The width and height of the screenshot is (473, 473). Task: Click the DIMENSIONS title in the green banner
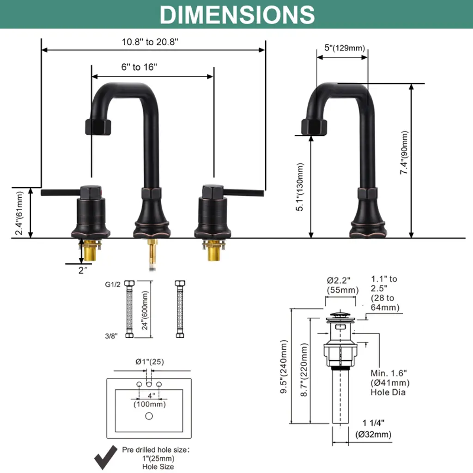pyautogui.click(x=237, y=14)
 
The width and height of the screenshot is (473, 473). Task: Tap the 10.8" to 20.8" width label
pyautogui.click(x=150, y=42)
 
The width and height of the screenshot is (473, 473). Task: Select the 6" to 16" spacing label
pyautogui.click(x=139, y=67)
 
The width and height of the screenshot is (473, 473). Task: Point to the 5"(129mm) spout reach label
pyautogui.click(x=345, y=48)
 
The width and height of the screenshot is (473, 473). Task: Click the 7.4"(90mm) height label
pyautogui.click(x=404, y=152)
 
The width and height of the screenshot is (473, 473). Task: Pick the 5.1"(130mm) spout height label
pyautogui.click(x=300, y=187)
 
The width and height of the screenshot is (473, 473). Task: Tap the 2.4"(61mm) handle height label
pyautogui.click(x=19, y=213)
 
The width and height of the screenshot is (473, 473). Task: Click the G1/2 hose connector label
pyautogui.click(x=113, y=285)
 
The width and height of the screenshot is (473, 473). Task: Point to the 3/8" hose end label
pyautogui.click(x=111, y=336)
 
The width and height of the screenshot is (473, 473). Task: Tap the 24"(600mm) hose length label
pyautogui.click(x=145, y=310)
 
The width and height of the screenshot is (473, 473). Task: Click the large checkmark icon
pyautogui.click(x=106, y=457)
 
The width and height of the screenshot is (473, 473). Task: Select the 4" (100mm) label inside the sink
pyautogui.click(x=150, y=400)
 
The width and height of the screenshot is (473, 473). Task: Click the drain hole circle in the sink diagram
pyautogui.click(x=149, y=416)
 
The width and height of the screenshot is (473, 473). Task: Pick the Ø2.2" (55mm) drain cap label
pyautogui.click(x=343, y=285)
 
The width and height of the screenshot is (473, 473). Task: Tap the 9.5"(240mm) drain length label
pyautogui.click(x=284, y=366)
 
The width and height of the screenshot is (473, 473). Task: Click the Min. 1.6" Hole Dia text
pyautogui.click(x=390, y=382)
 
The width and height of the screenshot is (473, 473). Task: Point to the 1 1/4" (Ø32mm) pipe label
pyautogui.click(x=373, y=429)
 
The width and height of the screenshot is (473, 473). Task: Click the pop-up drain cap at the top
pyautogui.click(x=340, y=316)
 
